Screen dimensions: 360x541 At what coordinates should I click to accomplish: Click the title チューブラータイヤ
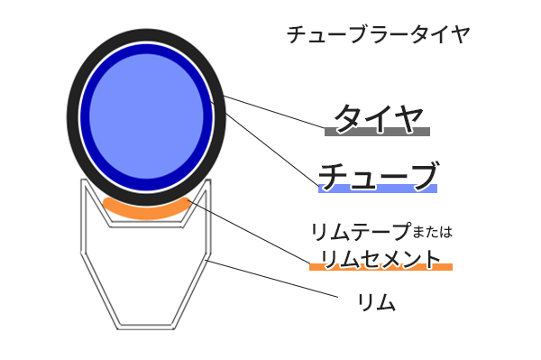(x=378, y=34)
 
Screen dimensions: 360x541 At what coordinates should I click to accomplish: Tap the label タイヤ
(x=377, y=115)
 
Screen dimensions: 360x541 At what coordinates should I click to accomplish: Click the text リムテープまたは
(x=380, y=231)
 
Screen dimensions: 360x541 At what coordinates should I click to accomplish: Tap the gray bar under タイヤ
(x=377, y=132)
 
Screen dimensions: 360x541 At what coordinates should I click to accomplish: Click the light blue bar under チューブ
(x=378, y=189)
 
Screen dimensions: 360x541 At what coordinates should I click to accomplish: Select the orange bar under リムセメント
(x=380, y=267)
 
